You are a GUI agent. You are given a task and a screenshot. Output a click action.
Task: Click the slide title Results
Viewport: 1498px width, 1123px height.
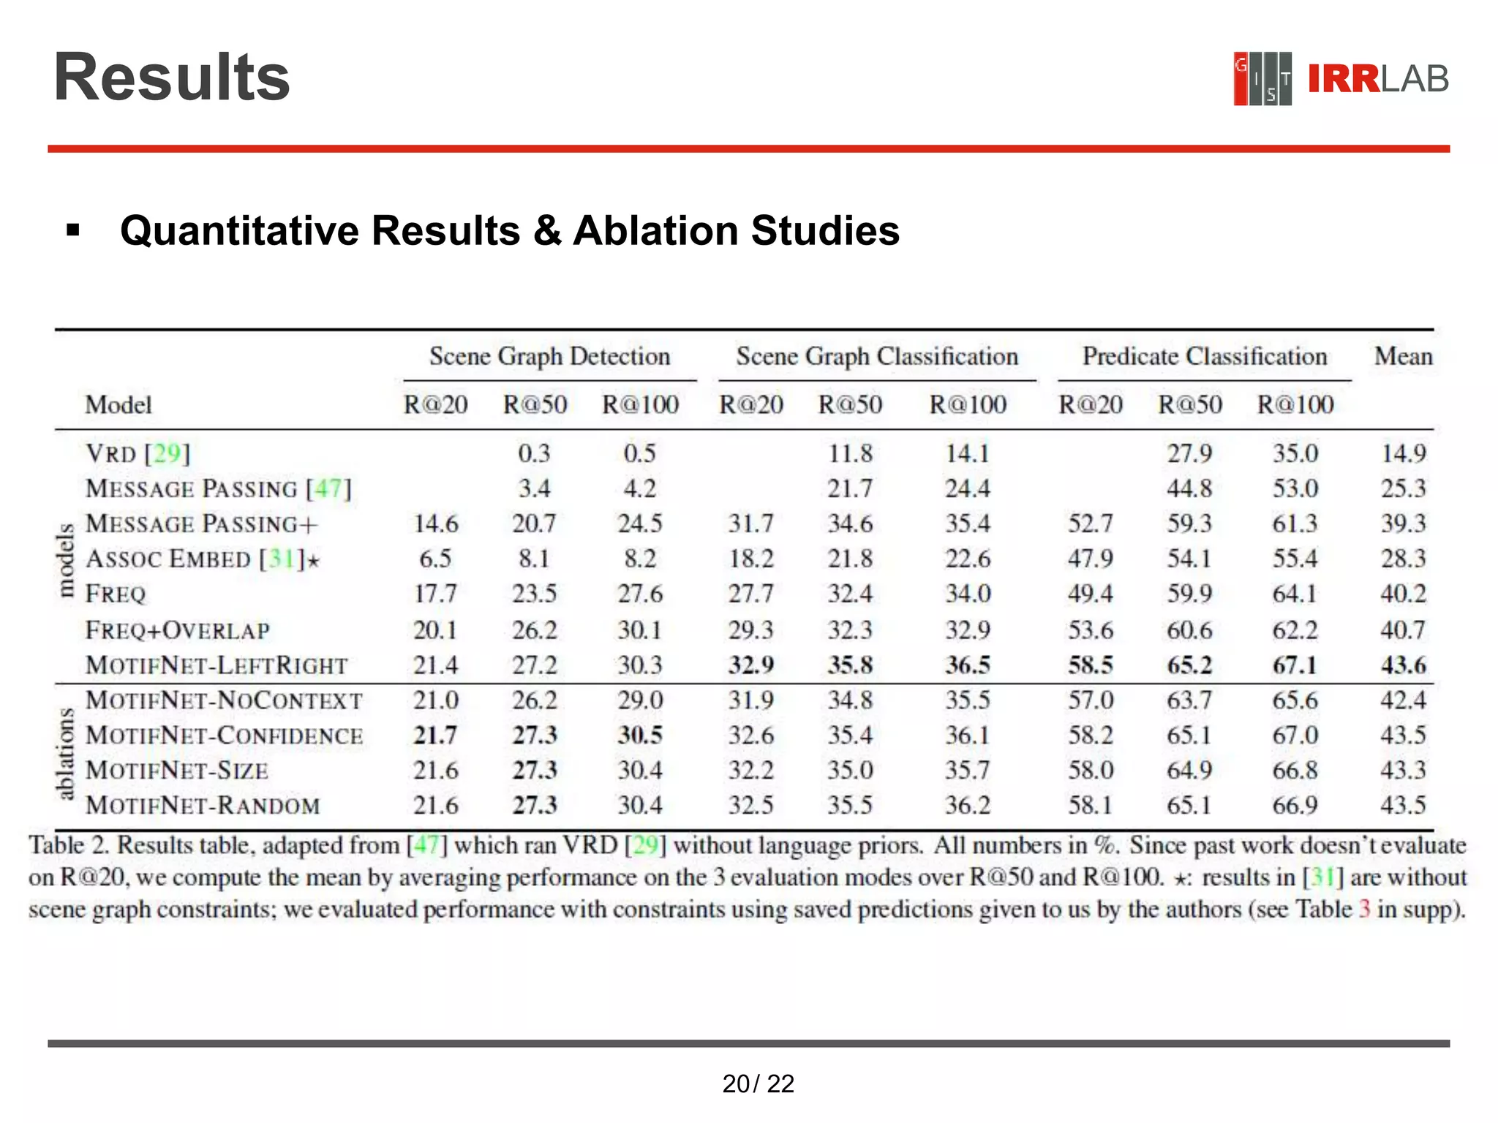coord(172,77)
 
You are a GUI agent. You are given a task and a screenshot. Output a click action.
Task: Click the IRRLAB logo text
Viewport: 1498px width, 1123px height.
coord(1377,79)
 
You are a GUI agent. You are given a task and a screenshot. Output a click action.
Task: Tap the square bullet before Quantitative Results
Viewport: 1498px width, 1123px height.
coord(72,231)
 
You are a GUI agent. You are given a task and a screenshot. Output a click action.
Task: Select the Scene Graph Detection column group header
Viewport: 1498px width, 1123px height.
coord(549,356)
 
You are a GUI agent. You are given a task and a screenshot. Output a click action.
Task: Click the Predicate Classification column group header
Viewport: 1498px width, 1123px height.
coord(1204,356)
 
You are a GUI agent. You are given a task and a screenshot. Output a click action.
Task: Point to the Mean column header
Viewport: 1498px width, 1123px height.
coord(1402,356)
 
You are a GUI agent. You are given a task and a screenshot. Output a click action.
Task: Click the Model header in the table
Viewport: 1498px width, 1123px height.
coord(118,404)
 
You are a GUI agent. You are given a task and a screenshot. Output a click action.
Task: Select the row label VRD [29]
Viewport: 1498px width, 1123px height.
coord(138,453)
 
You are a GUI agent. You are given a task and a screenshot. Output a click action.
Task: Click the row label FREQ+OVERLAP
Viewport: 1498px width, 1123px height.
coord(178,629)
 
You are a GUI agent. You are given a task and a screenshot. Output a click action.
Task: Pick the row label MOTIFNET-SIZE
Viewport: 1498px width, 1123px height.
coord(177,770)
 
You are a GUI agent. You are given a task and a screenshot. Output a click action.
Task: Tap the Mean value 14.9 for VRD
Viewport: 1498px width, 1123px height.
coord(1402,453)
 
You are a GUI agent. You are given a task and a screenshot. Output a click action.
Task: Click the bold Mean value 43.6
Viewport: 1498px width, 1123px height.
coord(1402,665)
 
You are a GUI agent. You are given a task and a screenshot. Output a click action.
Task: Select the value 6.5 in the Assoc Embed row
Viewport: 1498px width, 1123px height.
coord(435,559)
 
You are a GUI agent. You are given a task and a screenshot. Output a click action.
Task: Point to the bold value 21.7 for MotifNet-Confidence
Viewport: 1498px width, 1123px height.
coord(435,735)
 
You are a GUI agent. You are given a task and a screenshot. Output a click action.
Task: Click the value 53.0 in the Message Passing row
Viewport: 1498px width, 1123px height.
coord(1295,488)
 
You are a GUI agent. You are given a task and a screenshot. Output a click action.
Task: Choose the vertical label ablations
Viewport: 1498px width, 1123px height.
coord(66,753)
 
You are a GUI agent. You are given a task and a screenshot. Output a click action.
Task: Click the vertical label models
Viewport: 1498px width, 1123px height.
coord(66,560)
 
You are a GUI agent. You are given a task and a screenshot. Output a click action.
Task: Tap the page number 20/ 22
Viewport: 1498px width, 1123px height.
coord(758,1084)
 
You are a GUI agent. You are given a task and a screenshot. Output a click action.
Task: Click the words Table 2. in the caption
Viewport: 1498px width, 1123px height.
coord(69,845)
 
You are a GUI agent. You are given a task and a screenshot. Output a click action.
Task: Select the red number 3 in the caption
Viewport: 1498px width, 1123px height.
coord(1364,910)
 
